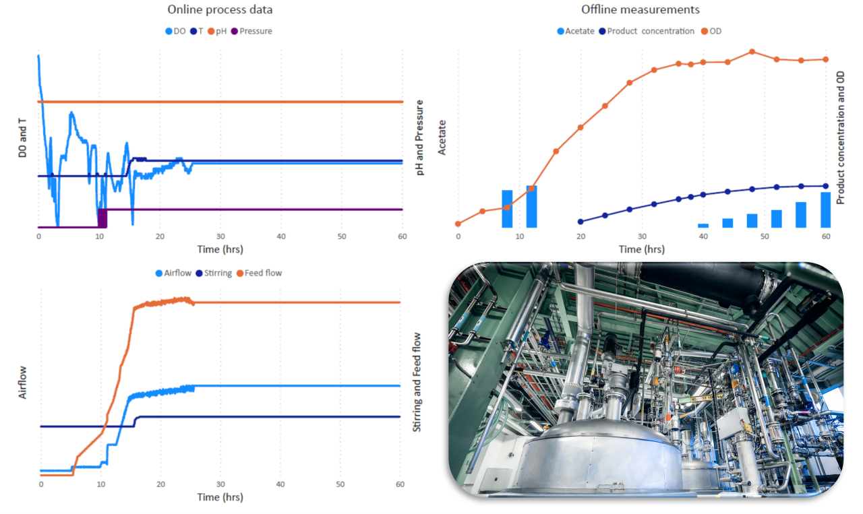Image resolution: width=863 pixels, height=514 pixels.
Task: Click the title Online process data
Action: click(x=220, y=10)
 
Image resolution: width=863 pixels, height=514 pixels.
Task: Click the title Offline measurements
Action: click(x=640, y=10)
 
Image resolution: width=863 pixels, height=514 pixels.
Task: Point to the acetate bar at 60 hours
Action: click(x=825, y=210)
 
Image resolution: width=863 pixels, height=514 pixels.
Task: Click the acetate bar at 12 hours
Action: click(x=531, y=206)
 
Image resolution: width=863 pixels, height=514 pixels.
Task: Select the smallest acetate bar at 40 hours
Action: click(x=703, y=226)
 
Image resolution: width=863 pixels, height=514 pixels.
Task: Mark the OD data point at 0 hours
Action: click(x=458, y=224)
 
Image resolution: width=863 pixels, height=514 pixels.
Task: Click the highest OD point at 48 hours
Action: click(x=752, y=52)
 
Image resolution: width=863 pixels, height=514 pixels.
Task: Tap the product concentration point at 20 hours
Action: click(x=581, y=221)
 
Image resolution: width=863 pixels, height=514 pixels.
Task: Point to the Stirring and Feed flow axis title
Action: click(x=416, y=382)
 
